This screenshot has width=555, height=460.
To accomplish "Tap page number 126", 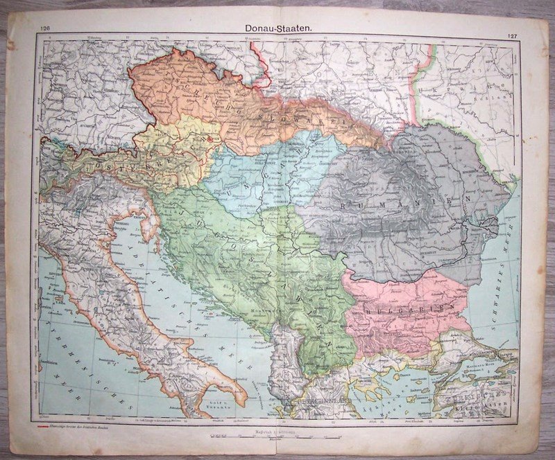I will [46, 28].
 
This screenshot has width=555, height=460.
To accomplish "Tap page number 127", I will [512, 35].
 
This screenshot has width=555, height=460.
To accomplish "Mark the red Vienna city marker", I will [211, 139].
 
